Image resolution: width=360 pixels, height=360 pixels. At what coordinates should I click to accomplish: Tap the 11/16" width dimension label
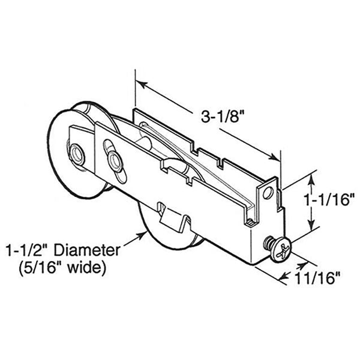point(319,277)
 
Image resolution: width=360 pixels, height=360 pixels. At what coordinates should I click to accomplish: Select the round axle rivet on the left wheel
point(77,152)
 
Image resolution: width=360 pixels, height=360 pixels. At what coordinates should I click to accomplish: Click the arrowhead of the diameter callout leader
point(141,236)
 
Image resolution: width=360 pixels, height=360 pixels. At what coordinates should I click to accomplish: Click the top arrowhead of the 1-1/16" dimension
point(311,175)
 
